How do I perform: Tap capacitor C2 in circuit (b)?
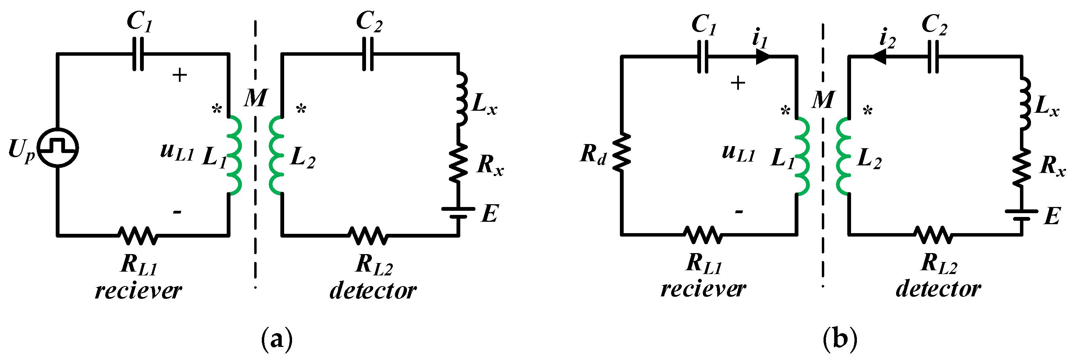(934, 57)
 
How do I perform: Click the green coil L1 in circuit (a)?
(235, 155)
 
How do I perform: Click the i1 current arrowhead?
(763, 57)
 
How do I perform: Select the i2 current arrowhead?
(879, 57)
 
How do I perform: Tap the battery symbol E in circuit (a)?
(458, 212)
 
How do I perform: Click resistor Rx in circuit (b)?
(1022, 168)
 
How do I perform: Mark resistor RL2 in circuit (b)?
(934, 235)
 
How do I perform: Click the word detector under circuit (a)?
(373, 291)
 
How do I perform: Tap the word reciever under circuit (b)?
(703, 289)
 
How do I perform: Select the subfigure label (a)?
(277, 339)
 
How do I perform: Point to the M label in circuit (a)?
(255, 98)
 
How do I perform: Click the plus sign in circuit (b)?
(738, 83)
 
